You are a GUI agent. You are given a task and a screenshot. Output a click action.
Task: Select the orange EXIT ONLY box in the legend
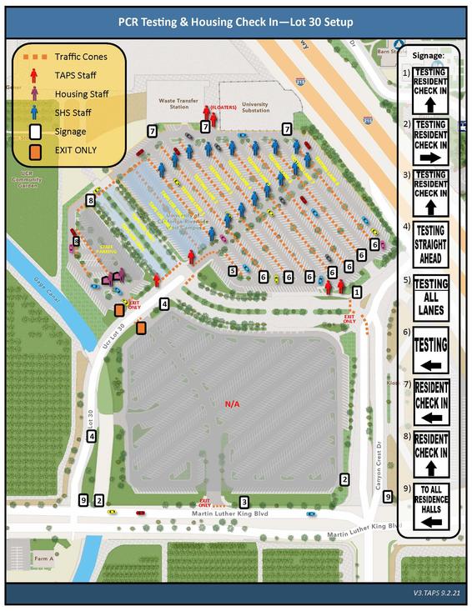coord(35,151)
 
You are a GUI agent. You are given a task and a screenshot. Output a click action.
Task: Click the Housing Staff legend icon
coord(35,94)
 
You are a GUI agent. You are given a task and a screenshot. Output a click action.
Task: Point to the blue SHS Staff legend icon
coord(35,113)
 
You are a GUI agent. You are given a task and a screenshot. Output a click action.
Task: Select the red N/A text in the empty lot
coord(233,404)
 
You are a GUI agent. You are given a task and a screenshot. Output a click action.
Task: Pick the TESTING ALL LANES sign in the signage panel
coord(430,295)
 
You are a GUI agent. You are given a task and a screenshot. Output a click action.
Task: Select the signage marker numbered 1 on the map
coord(357,292)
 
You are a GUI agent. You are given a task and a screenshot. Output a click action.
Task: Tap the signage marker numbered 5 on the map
coord(233,270)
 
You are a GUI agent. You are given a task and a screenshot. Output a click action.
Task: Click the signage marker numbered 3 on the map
coord(244,502)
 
